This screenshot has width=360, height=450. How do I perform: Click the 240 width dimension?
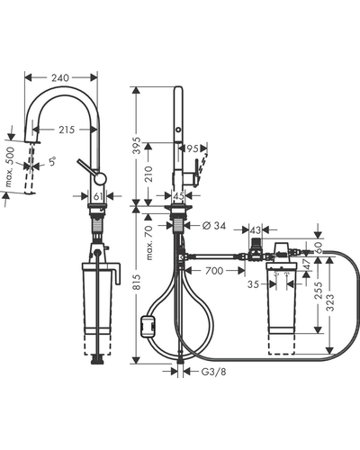coord(60,78)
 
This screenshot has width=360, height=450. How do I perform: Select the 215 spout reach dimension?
coord(67,130)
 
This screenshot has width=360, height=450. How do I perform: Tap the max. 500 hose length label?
coord(10,166)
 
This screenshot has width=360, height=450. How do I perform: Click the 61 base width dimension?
coord(98,196)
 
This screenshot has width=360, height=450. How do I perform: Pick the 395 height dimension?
coord(137,146)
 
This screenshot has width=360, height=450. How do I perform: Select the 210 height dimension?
coord(148,174)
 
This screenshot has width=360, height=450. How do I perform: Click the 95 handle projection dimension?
coord(193,148)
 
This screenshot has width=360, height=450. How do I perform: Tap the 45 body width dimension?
coord(179,196)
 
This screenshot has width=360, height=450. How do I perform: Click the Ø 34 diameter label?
coord(214,225)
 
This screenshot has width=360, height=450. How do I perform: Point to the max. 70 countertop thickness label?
coord(148,242)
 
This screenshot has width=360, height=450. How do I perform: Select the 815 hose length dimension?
coord(137,282)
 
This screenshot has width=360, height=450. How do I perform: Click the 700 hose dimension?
coord(214,271)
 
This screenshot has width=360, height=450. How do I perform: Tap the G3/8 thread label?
coord(213,372)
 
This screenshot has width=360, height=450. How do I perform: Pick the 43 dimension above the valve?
coord(256,230)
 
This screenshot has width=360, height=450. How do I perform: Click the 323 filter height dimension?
coord(329,302)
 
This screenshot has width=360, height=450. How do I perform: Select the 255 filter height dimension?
coord(318,291)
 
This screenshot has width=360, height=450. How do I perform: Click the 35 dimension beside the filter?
coord(253,284)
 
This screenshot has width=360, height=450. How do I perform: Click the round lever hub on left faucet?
coord(100,178)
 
